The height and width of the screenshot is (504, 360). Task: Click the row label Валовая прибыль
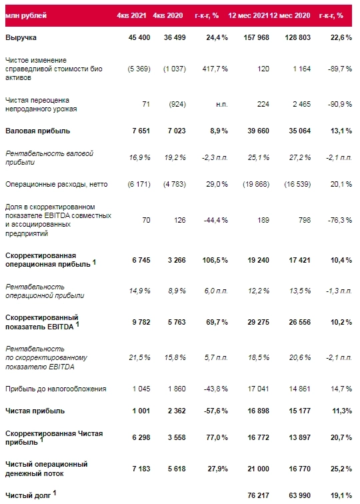pos(37,131)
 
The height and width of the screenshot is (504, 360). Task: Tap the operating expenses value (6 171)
pos(132,183)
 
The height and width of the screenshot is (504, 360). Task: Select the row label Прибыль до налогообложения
pos(55,389)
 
